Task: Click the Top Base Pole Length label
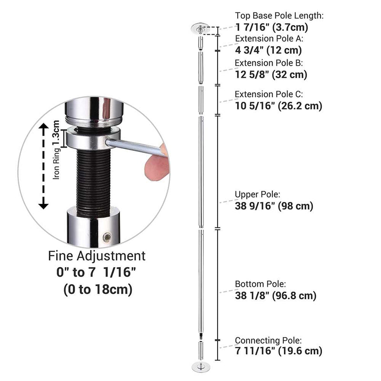(279, 16)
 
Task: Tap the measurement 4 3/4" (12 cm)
(269, 50)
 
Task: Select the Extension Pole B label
(269, 62)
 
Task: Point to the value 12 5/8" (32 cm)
(271, 75)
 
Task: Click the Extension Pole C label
(269, 94)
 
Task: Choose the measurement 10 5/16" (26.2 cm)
(278, 106)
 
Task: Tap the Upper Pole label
(257, 194)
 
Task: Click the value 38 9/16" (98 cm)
(274, 206)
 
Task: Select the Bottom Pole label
(259, 284)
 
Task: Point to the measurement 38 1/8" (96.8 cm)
(276, 296)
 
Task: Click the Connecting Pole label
(268, 340)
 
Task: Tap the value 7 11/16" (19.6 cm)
(278, 352)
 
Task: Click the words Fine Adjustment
(97, 256)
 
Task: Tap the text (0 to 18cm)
(97, 289)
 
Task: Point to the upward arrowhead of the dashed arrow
(43, 127)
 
